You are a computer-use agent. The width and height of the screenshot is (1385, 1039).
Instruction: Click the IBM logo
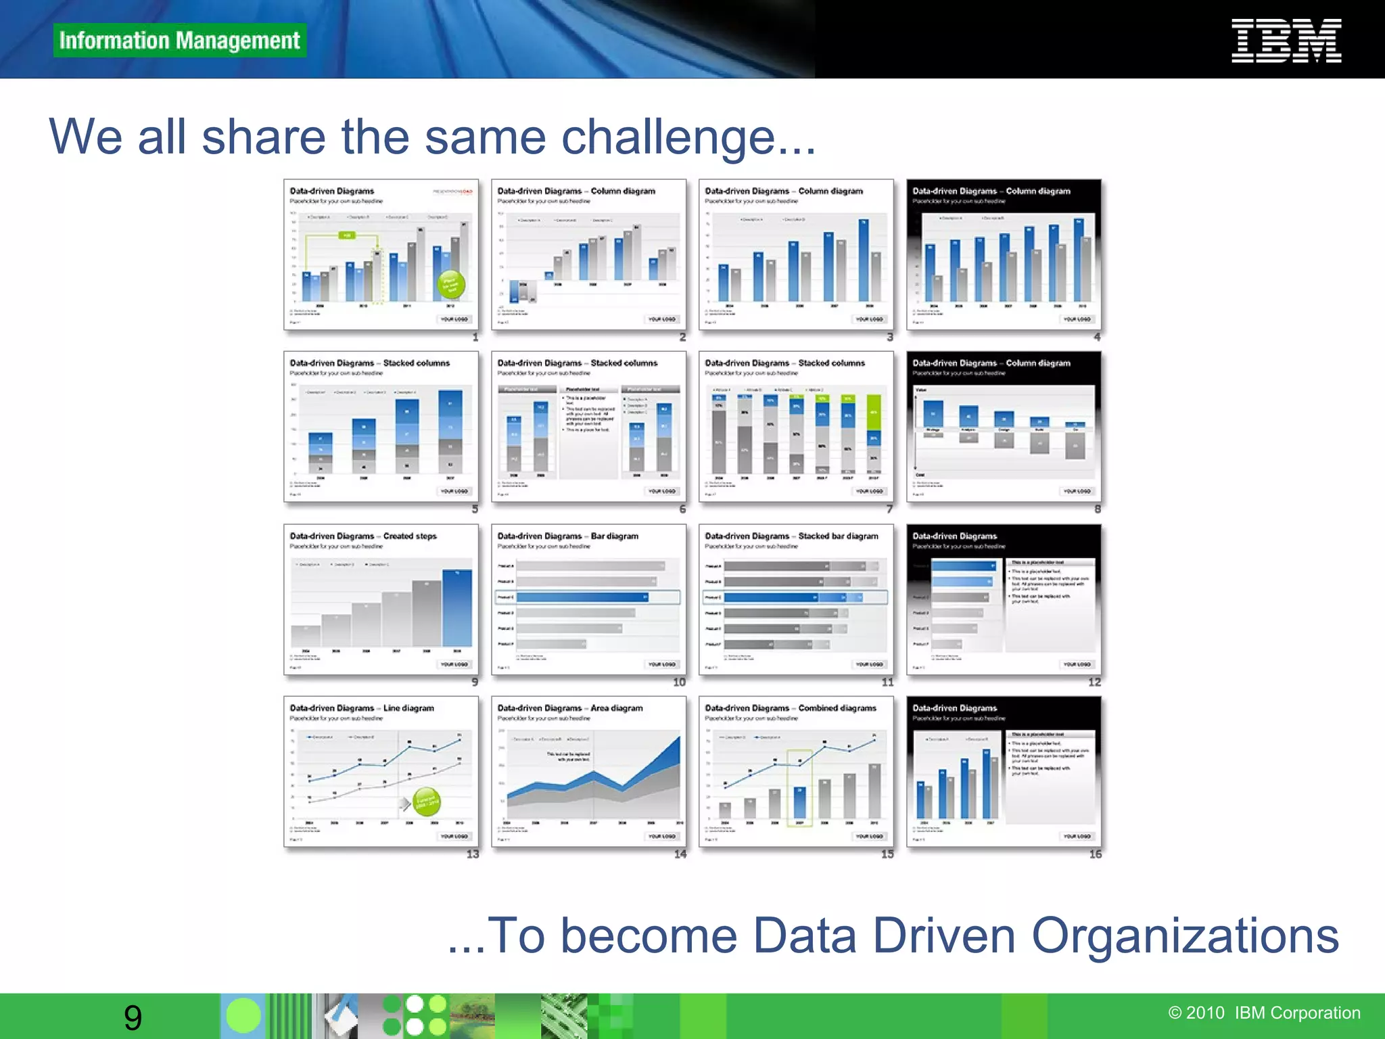point(1286,41)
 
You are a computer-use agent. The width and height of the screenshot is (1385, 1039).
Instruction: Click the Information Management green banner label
point(179,41)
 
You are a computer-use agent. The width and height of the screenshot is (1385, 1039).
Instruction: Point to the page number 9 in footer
point(133,1017)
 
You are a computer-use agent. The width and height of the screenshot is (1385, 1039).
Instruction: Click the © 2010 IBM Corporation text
point(1264,1013)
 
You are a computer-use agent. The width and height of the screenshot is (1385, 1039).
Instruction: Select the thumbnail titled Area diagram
point(588,771)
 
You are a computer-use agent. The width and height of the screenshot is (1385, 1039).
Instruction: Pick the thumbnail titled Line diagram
point(381,771)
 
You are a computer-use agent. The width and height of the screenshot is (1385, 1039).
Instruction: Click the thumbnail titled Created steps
point(381,599)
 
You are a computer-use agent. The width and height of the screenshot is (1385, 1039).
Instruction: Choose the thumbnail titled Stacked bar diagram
point(796,599)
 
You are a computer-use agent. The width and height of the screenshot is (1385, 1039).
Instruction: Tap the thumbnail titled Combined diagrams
point(796,771)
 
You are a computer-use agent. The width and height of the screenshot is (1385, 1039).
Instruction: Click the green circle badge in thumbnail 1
point(451,285)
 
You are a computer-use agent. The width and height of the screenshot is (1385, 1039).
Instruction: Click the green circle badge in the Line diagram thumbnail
point(427,802)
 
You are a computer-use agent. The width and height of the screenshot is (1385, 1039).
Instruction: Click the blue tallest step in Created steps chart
point(457,608)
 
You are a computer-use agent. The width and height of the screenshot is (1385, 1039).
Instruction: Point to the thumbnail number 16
point(1095,854)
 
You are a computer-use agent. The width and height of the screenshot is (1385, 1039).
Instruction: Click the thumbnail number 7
point(889,509)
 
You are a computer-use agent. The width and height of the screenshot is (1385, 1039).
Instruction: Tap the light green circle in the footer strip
point(243,1016)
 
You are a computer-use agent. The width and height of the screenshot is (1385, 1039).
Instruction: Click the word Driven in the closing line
point(944,936)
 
